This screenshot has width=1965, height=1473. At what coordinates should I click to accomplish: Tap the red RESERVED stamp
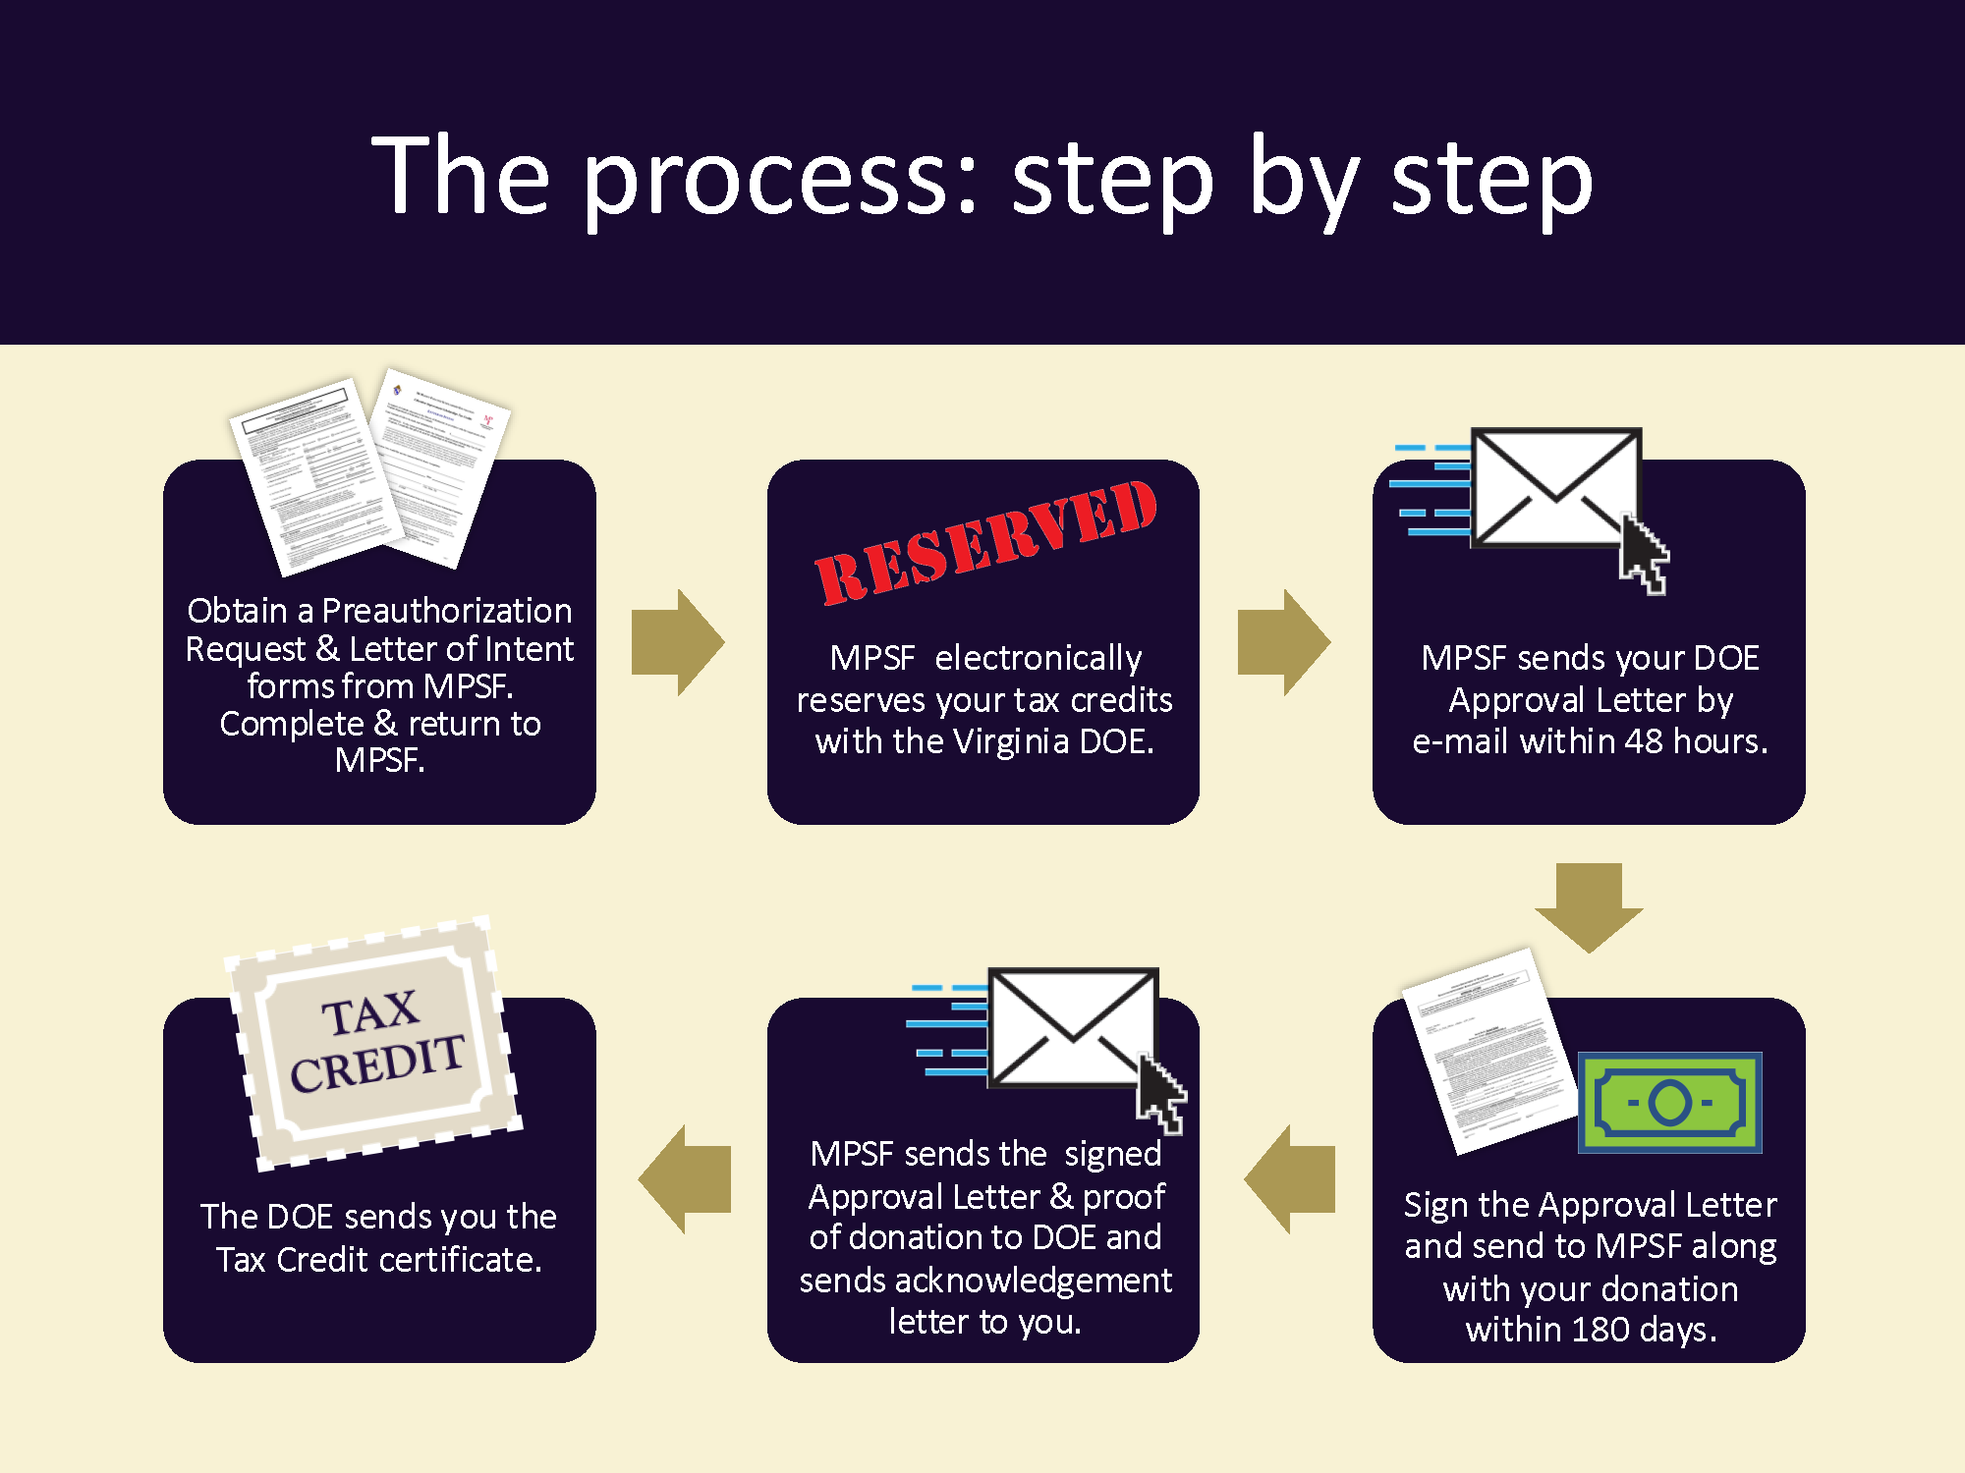[x=985, y=543]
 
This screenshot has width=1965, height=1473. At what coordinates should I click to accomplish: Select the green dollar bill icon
[x=1669, y=1102]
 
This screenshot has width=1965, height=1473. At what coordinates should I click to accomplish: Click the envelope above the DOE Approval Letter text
[x=1555, y=487]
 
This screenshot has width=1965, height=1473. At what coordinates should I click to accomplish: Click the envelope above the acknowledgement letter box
[x=1072, y=1027]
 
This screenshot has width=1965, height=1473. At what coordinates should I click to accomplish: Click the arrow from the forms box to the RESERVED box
[x=677, y=643]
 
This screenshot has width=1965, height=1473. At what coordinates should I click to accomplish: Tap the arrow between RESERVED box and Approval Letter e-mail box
[x=1283, y=643]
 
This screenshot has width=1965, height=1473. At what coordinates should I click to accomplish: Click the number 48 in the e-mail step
[x=1643, y=741]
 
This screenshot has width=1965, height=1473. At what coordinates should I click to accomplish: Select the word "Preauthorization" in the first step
[x=447, y=611]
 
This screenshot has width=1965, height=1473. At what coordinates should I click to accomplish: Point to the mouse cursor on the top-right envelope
[x=1644, y=556]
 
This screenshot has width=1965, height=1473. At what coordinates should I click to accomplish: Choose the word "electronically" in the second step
[x=1039, y=658]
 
